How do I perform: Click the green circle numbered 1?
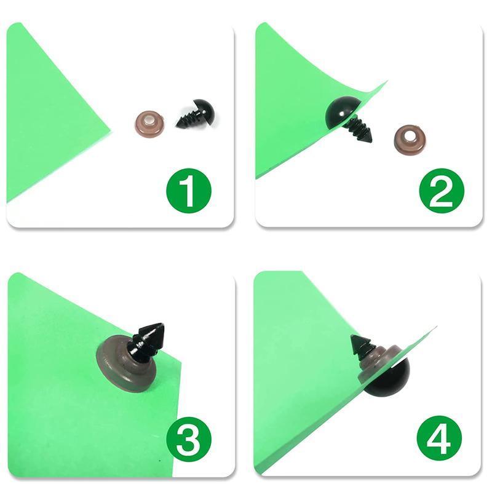[x=189, y=191]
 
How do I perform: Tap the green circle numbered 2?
[x=442, y=191]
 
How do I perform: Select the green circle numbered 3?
[x=189, y=439]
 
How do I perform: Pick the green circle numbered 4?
[x=439, y=438]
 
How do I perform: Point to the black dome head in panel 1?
[x=205, y=113]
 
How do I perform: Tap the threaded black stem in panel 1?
[x=188, y=118]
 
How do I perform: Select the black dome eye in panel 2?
[x=341, y=113]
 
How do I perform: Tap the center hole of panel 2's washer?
[x=410, y=137]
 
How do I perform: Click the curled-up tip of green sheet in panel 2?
[x=387, y=81]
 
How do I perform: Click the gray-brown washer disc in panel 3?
[x=127, y=363]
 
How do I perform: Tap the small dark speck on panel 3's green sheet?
[x=160, y=461]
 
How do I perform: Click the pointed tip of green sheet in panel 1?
[x=111, y=130]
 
